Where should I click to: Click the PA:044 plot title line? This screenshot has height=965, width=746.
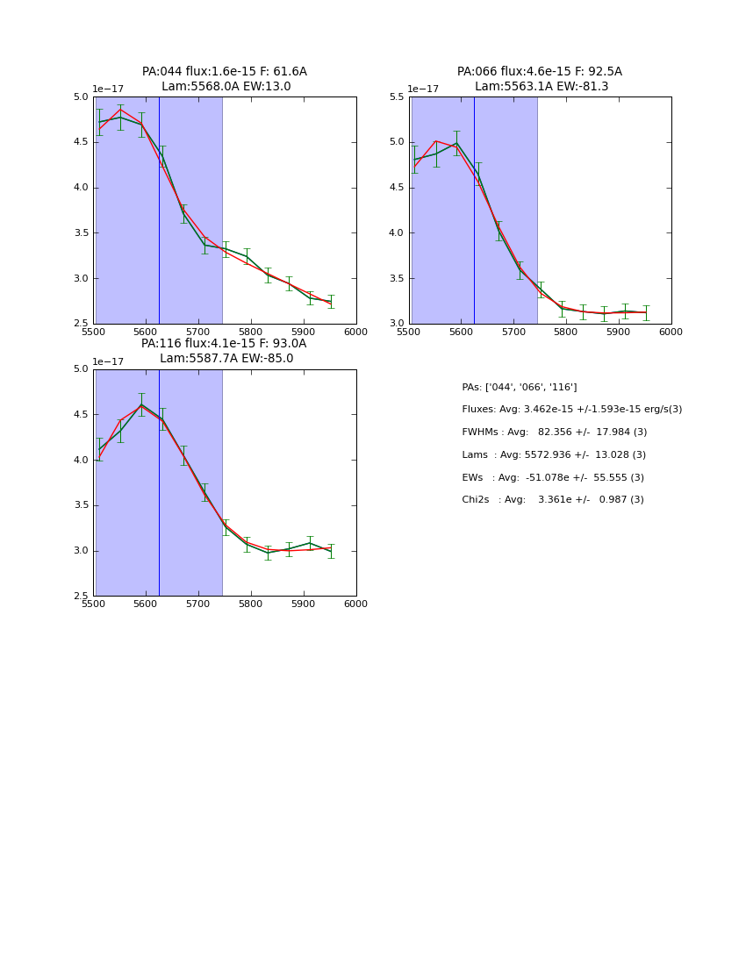tap(225, 72)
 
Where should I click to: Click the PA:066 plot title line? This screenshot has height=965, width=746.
tap(539, 72)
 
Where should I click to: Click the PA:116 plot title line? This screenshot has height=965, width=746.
tap(224, 344)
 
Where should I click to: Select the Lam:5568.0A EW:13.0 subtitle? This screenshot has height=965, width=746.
tap(226, 87)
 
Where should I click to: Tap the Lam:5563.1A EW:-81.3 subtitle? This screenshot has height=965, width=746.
tap(541, 87)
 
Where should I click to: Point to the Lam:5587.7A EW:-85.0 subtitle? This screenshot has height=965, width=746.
tap(226, 359)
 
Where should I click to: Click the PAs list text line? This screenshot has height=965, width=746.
tap(519, 388)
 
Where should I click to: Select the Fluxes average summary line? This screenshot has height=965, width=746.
tap(571, 410)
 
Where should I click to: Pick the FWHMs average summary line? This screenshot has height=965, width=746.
tap(554, 432)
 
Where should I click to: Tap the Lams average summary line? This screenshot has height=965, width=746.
tap(553, 455)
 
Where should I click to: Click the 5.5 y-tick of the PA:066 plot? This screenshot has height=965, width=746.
tap(397, 96)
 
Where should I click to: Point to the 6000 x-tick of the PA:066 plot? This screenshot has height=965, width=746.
tap(671, 332)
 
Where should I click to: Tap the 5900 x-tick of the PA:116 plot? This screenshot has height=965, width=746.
tap(304, 604)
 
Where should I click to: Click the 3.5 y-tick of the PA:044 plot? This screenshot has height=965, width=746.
tap(82, 233)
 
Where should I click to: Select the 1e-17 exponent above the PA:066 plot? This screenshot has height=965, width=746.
tap(423, 89)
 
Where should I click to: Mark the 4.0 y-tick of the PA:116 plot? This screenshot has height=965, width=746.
tap(82, 460)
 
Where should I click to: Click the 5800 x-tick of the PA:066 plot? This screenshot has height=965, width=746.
tap(566, 332)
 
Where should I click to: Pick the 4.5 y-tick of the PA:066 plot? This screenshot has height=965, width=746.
tap(397, 188)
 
